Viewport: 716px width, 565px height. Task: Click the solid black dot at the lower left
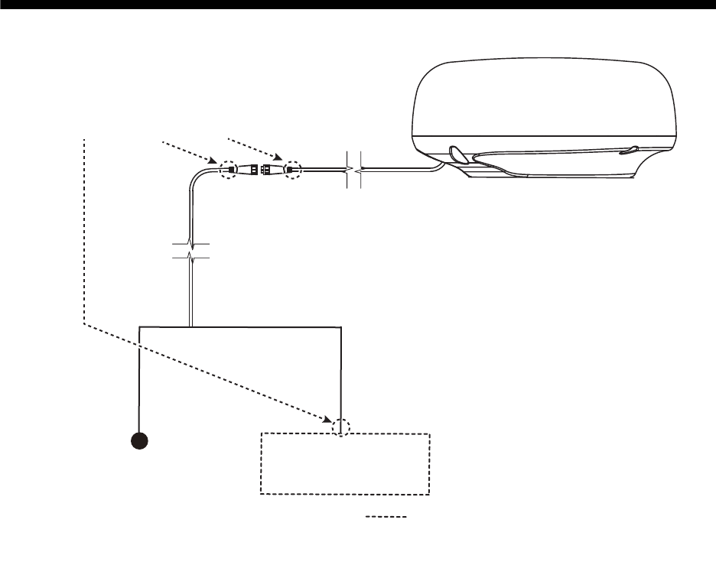(x=139, y=441)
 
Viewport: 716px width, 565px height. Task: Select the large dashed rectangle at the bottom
(x=346, y=464)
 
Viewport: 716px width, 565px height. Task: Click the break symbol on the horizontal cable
(x=353, y=170)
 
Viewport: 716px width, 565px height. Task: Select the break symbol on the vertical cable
(x=190, y=252)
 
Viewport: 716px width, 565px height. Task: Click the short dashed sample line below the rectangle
(x=385, y=518)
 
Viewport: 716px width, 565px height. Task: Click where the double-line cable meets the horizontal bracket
(x=190, y=326)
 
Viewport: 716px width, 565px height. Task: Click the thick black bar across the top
(x=358, y=6)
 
